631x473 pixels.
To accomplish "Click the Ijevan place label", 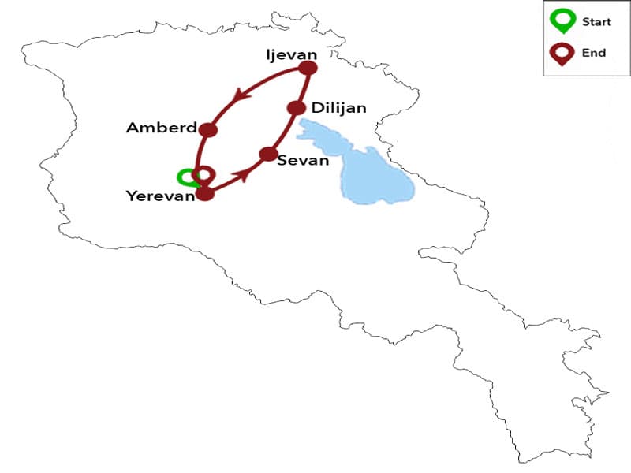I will point(292,54).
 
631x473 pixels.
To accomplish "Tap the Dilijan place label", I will point(338,108).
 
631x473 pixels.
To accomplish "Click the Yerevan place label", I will point(160,196).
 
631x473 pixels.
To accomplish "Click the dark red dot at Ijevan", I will point(308,69).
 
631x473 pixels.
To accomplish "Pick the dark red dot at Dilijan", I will point(296,108).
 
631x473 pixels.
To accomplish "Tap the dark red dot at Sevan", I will point(268,154).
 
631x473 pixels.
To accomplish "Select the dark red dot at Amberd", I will point(208,130).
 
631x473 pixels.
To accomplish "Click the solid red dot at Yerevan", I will point(205,193).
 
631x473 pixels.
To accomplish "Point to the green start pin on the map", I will point(185,177).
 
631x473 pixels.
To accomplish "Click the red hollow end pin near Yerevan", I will point(203,175).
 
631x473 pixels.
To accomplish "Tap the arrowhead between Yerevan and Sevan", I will point(245,173).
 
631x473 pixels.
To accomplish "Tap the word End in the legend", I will point(593,53).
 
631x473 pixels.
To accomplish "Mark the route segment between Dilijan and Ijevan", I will point(302,88).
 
